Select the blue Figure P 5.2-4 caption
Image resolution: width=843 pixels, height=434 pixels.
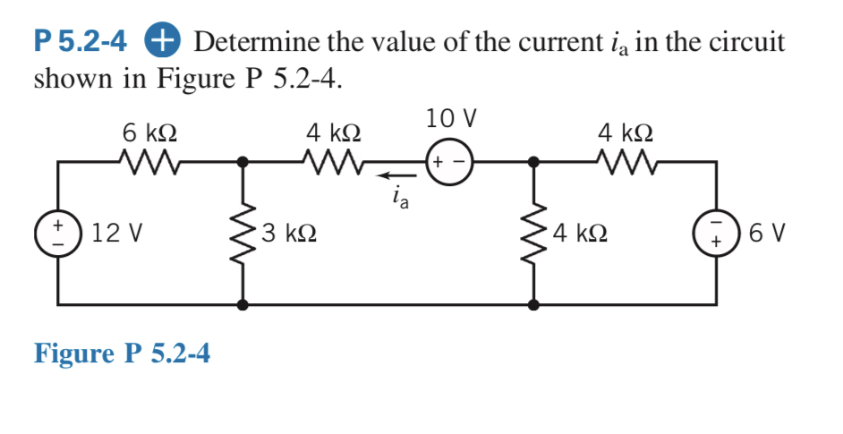tap(122, 353)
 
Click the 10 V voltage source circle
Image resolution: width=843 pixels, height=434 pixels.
tap(448, 163)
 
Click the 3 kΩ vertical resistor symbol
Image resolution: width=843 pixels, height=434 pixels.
tap(242, 234)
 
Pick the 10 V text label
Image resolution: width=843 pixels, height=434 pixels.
tap(451, 117)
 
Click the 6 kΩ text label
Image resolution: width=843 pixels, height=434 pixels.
tap(149, 132)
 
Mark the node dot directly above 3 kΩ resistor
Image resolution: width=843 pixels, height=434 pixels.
tap(242, 162)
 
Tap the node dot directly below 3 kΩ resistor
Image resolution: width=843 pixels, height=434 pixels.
tap(242, 304)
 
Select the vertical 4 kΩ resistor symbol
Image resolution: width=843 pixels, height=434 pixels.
tap(534, 234)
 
